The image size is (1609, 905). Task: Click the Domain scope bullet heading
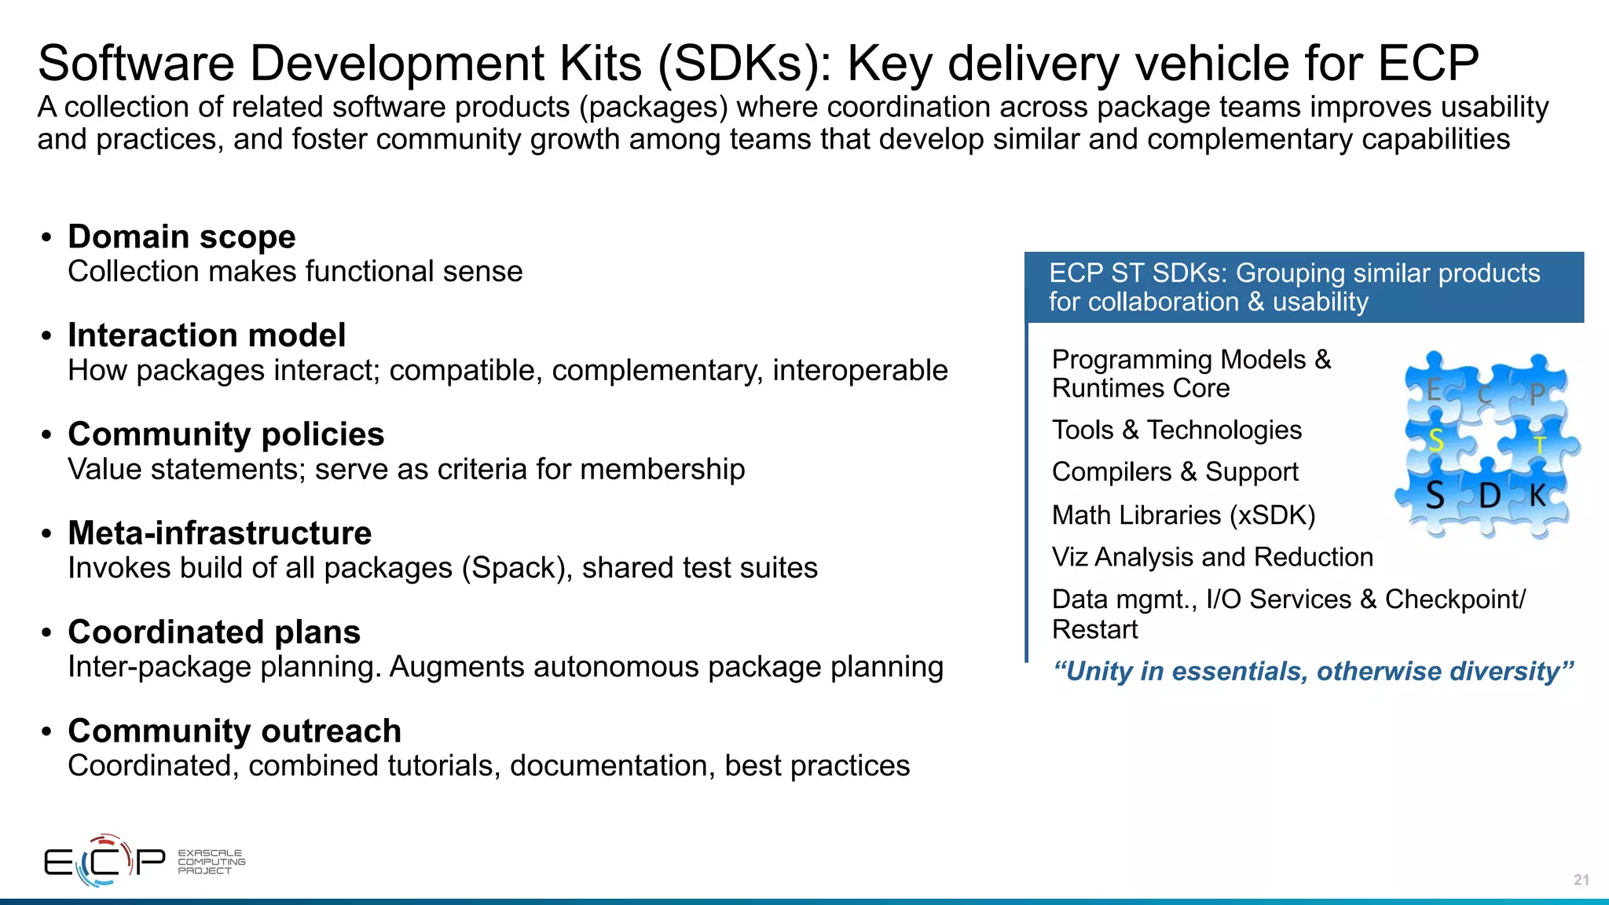pos(181,236)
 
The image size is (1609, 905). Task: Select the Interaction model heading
pos(207,335)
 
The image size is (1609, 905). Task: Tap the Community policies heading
pos(225,434)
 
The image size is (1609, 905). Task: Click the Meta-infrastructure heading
pos(219,533)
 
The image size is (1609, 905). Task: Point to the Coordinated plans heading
pos(214,632)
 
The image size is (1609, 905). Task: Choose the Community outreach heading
pos(234,731)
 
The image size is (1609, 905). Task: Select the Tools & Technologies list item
pos(1176,430)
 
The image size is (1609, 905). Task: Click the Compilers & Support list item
pos(1175,472)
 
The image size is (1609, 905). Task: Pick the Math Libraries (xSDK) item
pos(1183,515)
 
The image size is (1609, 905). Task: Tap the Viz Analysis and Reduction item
pos(1212,557)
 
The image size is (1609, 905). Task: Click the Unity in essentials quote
pos(1313,672)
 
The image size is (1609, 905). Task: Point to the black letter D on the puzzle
pos(1489,496)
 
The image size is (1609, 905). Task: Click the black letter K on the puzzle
pos(1537,495)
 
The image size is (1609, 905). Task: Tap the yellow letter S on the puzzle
pos(1435,441)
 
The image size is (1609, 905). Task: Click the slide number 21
pos(1581,880)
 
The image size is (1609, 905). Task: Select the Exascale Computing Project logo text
pos(211,862)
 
